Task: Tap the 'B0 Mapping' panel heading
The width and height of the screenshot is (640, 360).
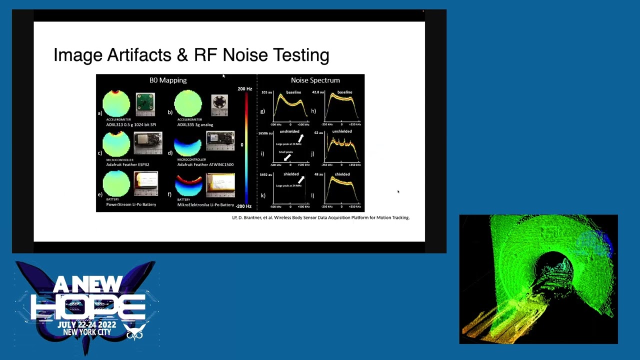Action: [x=168, y=80]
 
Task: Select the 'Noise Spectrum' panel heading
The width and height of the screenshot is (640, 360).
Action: [x=315, y=80]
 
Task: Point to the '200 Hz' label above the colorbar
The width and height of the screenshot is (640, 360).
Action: [x=244, y=89]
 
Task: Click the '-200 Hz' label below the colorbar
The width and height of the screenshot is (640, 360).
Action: [x=243, y=206]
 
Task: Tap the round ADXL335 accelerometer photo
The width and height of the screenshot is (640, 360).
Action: [x=219, y=103]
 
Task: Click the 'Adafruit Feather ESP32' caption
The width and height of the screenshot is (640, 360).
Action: [x=127, y=164]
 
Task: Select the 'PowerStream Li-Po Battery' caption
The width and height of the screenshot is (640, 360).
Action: [x=131, y=204]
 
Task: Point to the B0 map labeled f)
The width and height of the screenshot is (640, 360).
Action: [x=188, y=185]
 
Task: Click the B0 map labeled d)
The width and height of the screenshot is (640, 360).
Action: [x=188, y=144]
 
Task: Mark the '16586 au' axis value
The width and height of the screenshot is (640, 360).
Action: [x=265, y=133]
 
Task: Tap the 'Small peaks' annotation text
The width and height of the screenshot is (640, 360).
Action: [x=285, y=152]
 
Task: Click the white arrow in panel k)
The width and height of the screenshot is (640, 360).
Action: [x=301, y=179]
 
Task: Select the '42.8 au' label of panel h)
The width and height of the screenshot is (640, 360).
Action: [x=318, y=92]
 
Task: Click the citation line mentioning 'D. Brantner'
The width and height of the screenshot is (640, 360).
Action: [x=320, y=217]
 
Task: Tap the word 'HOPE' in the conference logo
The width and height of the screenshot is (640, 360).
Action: [x=88, y=306]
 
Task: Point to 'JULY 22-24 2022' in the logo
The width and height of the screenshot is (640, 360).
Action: [x=86, y=325]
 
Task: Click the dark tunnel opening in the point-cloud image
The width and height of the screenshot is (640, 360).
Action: [x=555, y=267]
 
